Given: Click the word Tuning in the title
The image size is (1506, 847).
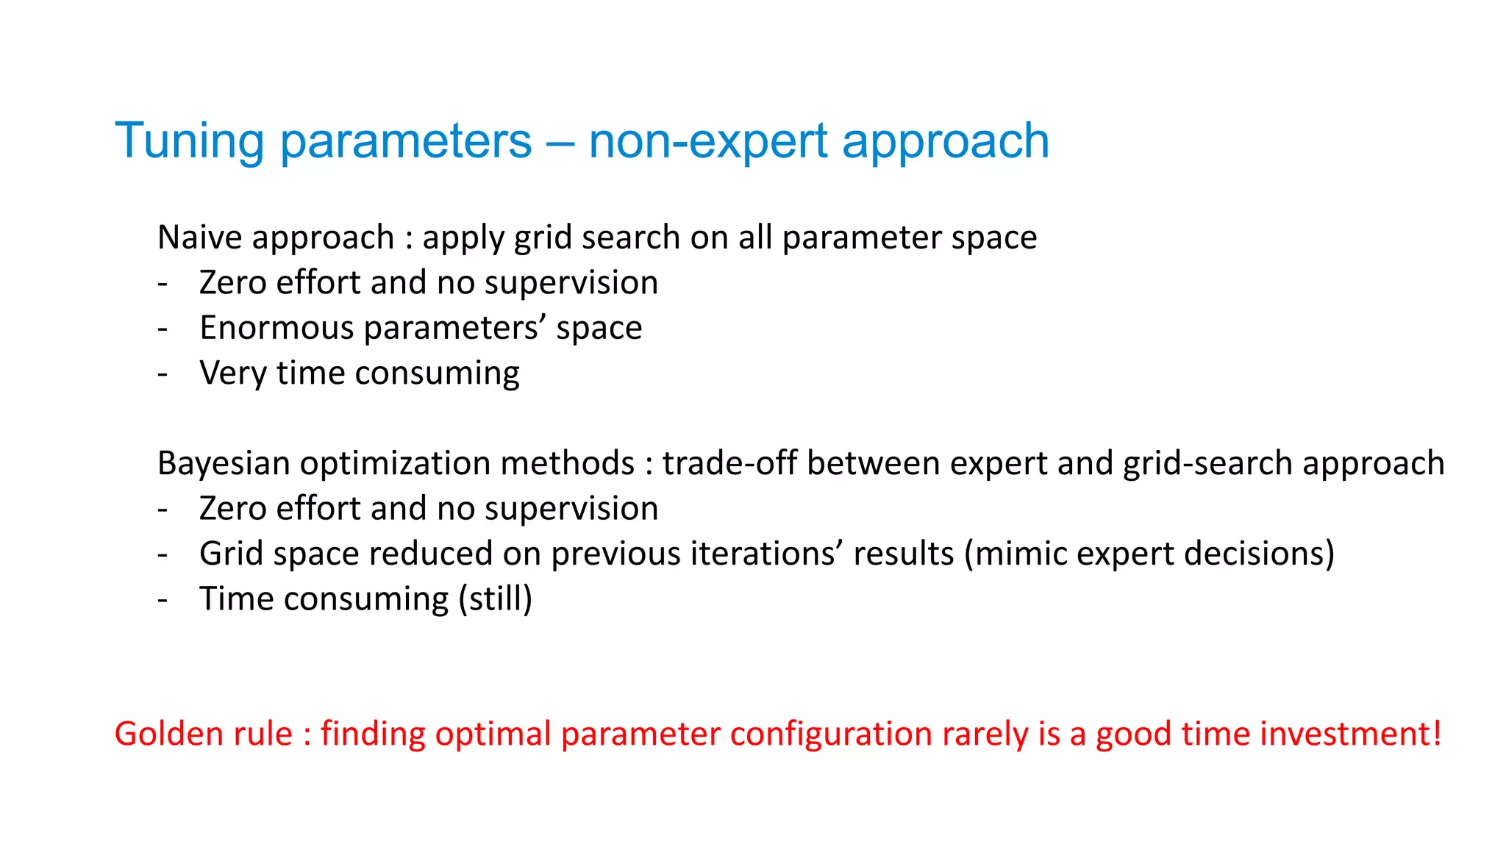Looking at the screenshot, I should point(189,141).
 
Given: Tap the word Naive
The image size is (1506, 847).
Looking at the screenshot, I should point(199,237).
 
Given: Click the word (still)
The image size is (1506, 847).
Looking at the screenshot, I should point(495,599).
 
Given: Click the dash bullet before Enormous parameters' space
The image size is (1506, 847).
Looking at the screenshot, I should point(163,329).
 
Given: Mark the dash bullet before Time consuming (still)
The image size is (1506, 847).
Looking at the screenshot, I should point(163,600).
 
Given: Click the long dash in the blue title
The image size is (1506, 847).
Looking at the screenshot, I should point(560,143).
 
